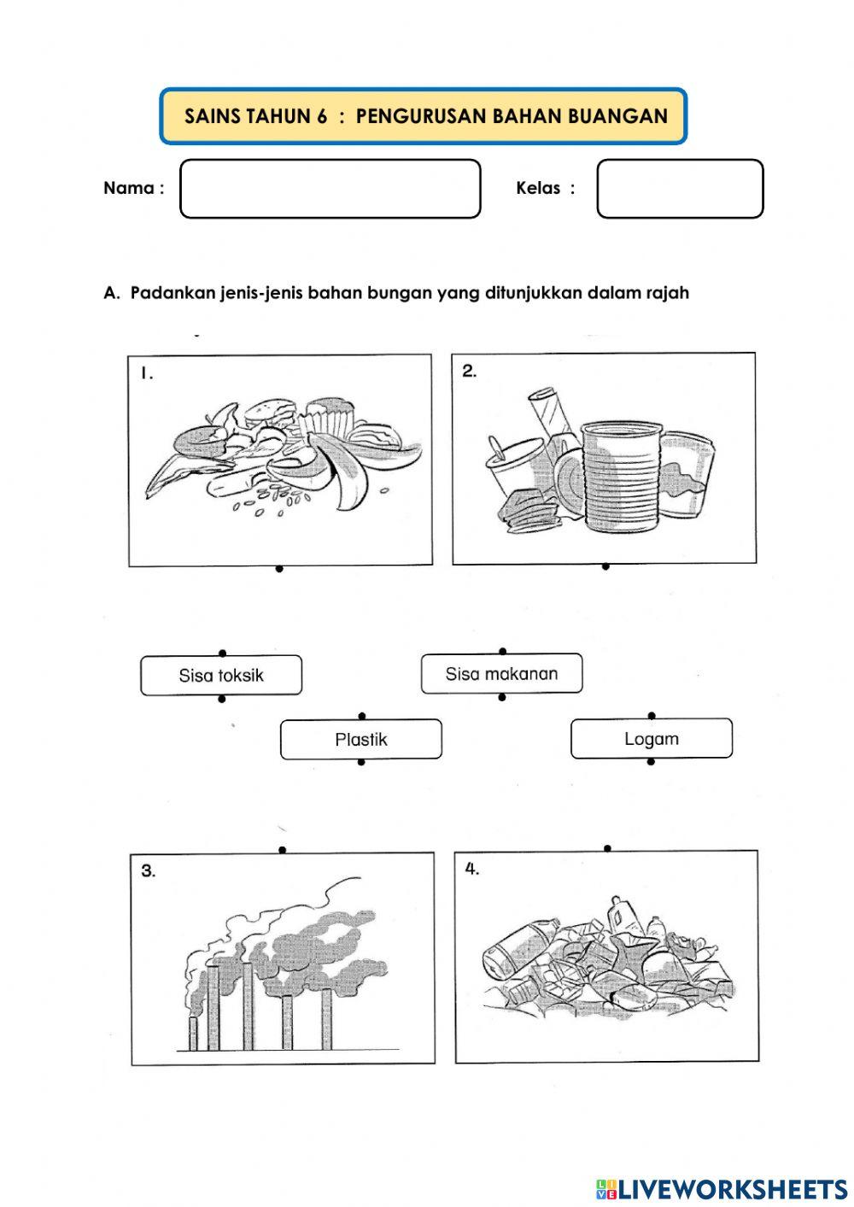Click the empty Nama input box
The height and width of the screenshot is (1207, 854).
coord(330,189)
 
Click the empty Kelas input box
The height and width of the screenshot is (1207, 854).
coord(679,189)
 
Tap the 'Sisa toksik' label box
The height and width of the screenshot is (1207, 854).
coord(221,676)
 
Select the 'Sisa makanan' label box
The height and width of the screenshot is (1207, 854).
coord(501,674)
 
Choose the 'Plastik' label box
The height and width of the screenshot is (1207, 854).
coord(361,740)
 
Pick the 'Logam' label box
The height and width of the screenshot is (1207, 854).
coord(651,739)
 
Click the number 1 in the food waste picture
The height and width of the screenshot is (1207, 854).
coord(147,372)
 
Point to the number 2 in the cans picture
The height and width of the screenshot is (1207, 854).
coord(469,371)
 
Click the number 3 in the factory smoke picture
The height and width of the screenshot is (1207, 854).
coord(149,871)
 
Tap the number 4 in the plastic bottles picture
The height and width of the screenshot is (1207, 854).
coord(472,870)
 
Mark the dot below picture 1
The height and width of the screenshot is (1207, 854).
coord(279,569)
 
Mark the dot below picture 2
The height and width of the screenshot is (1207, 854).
coord(605,566)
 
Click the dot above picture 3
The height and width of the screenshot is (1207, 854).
coord(283,850)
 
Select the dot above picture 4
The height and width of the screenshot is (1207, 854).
coord(607,848)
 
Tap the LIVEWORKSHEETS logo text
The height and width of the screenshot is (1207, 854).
coord(731,1189)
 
